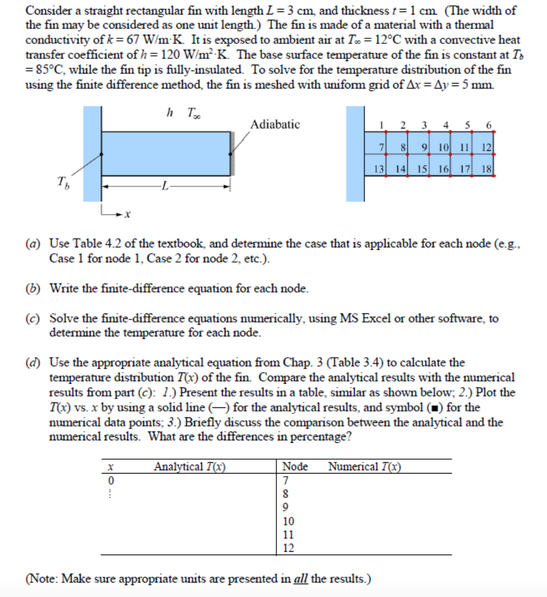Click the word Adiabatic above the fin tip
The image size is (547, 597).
tap(275, 124)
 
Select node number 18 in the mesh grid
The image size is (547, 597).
tap(487, 169)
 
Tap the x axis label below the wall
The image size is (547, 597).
tap(128, 214)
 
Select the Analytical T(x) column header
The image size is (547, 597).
tap(189, 467)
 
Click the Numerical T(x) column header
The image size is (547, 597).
tap(365, 467)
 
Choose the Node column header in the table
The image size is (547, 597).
tap(295, 467)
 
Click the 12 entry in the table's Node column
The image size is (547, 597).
tap(288, 548)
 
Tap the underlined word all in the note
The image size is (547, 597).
tap(300, 579)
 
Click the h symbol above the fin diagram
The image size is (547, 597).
tap(170, 113)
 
